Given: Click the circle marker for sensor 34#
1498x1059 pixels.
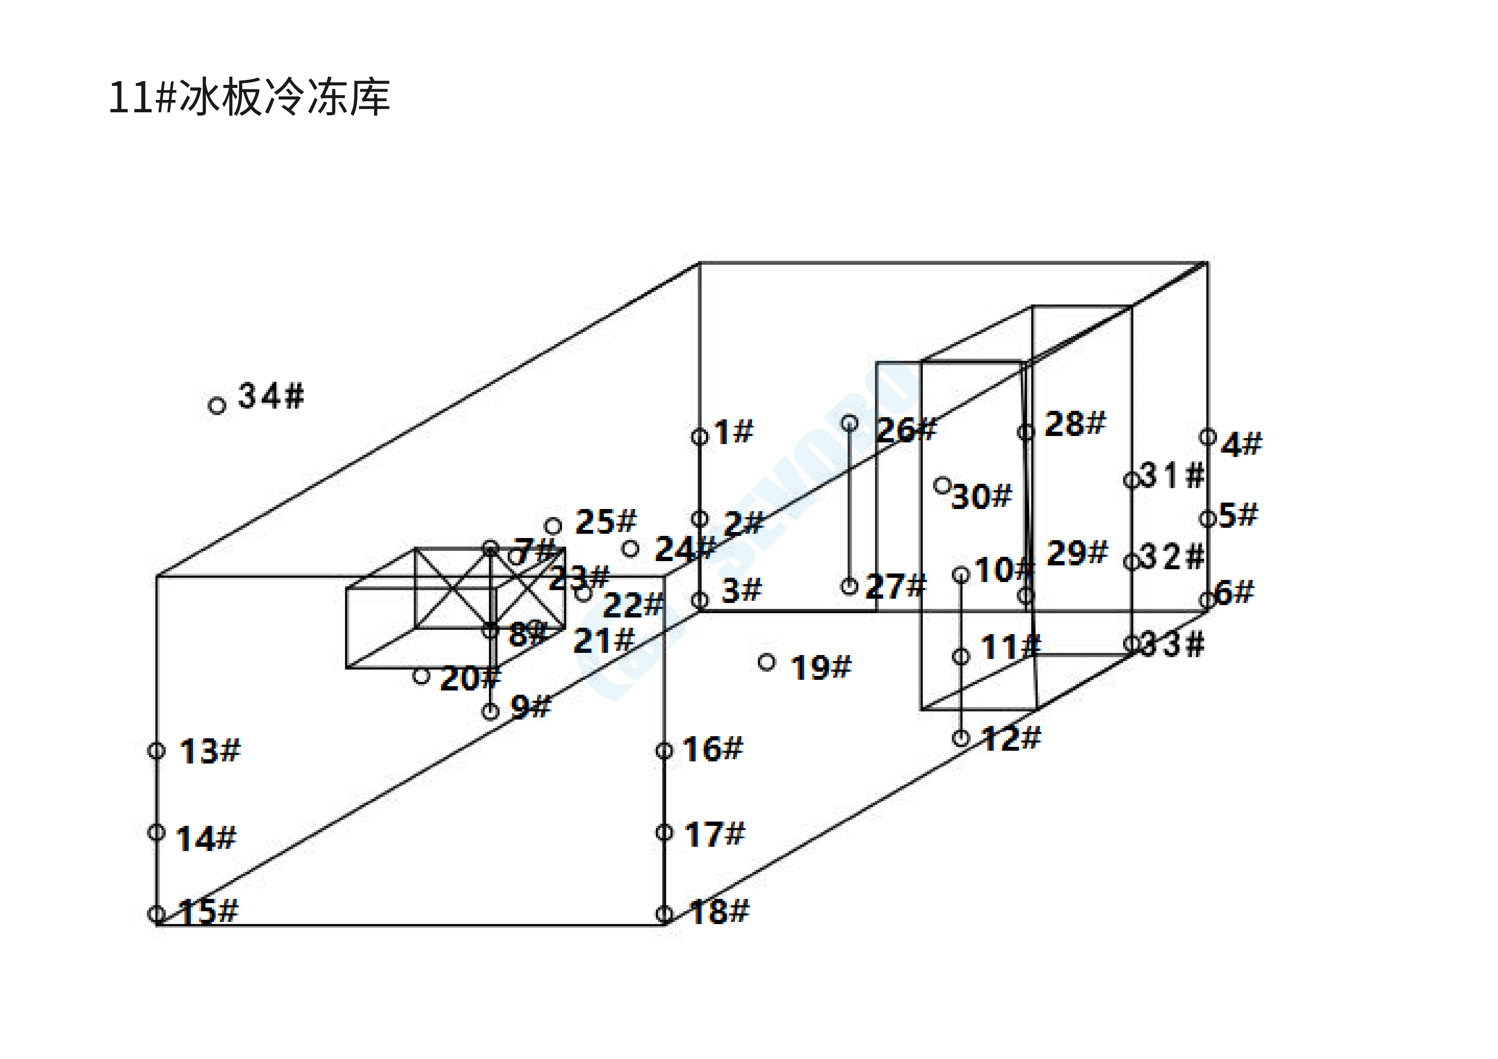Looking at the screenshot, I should click(217, 406).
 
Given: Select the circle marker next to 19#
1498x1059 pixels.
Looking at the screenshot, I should click(767, 662).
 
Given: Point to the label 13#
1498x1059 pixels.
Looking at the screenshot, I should click(209, 751).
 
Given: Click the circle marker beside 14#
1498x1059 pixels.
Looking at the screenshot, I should click(157, 832).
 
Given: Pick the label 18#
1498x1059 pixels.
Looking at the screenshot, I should click(719, 912).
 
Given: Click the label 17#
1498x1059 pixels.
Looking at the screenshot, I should click(714, 834).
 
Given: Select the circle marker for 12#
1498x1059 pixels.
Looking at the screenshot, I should click(960, 738).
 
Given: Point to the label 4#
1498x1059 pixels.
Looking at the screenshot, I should click(1241, 445).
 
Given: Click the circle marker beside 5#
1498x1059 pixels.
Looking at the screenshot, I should click(1208, 519).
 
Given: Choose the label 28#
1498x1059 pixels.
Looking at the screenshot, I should click(1074, 424).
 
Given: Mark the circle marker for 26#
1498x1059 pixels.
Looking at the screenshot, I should click(849, 423).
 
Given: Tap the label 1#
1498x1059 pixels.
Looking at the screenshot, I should click(733, 432).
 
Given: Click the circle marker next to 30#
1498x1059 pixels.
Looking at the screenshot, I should click(942, 485).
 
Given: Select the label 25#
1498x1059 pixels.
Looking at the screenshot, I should click(605, 522).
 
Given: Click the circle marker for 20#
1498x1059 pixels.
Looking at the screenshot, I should click(421, 676).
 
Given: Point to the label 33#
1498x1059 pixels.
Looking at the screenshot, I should click(1173, 645).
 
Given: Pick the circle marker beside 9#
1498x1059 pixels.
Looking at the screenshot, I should click(491, 711).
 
